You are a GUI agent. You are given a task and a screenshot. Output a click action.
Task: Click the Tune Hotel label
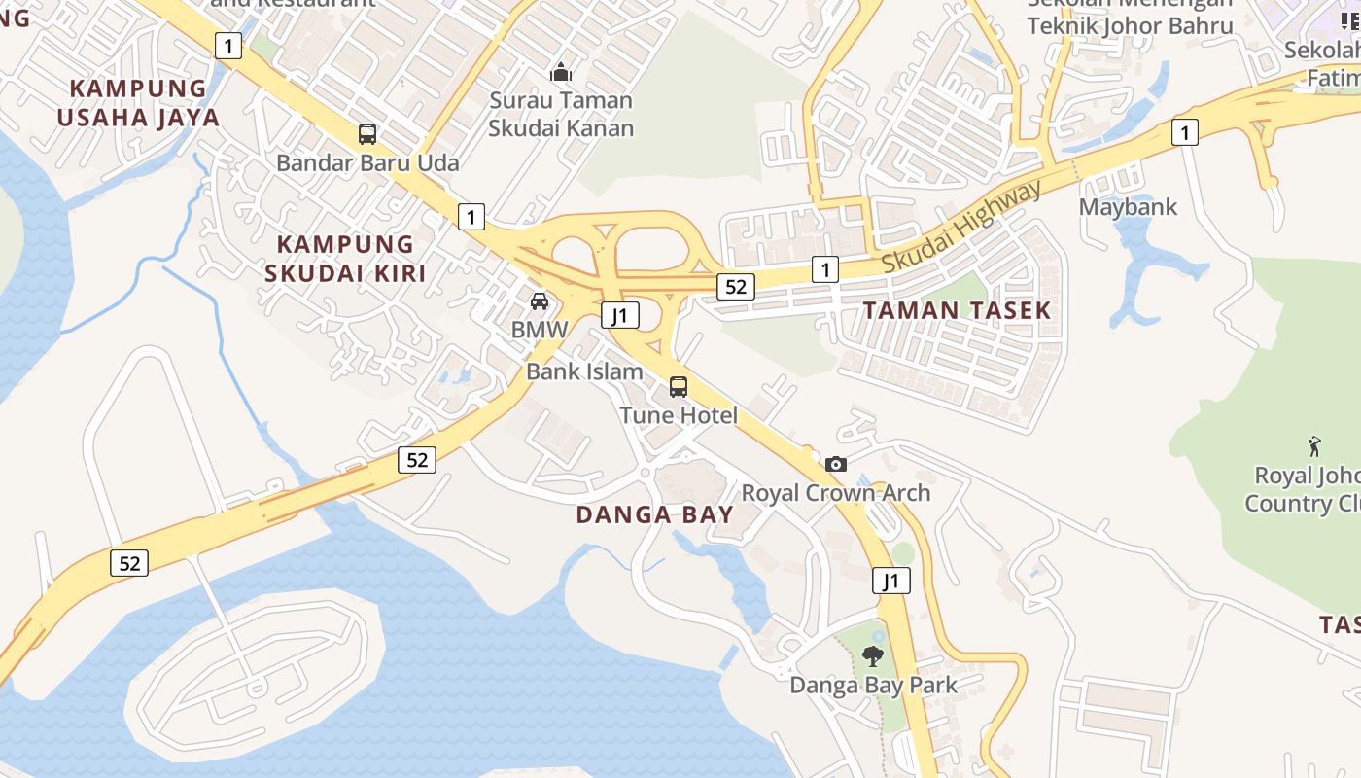pyautogui.click(x=679, y=415)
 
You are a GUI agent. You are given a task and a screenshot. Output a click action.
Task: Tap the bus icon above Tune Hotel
pyautogui.click(x=679, y=387)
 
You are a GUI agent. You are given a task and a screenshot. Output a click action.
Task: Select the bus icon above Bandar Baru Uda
pyautogui.click(x=367, y=134)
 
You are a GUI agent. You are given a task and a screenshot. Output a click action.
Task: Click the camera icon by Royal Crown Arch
pyautogui.click(x=836, y=464)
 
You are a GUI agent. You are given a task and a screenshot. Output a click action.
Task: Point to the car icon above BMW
pyautogui.click(x=540, y=301)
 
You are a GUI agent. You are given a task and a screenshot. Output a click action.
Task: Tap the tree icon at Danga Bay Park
pyautogui.click(x=873, y=655)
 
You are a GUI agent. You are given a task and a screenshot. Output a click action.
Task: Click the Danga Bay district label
pyautogui.click(x=654, y=514)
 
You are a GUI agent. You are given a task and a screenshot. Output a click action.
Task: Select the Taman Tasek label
pyautogui.click(x=958, y=310)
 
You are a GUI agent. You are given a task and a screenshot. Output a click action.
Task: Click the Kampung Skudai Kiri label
pyautogui.click(x=345, y=258)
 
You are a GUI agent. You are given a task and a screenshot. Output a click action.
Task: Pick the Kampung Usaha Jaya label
pyautogui.click(x=138, y=103)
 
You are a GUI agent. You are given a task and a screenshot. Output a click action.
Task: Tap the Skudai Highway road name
pyautogui.click(x=961, y=226)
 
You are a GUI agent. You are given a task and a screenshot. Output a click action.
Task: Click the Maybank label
pyautogui.click(x=1128, y=207)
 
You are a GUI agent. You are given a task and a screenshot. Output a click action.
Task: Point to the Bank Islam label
pyautogui.click(x=584, y=371)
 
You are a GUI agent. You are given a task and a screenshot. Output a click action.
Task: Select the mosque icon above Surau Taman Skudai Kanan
pyautogui.click(x=561, y=72)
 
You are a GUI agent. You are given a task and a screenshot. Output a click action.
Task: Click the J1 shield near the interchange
pyautogui.click(x=619, y=315)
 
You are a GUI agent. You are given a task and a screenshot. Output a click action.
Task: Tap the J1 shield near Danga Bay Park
pyautogui.click(x=890, y=582)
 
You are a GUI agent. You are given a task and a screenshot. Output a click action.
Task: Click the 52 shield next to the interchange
pyautogui.click(x=736, y=286)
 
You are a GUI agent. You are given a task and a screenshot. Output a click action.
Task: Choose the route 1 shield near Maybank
pyautogui.click(x=1184, y=131)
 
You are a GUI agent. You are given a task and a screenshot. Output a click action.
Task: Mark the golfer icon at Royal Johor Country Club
pyautogui.click(x=1314, y=446)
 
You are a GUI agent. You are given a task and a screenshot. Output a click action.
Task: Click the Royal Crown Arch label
pyautogui.click(x=836, y=493)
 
